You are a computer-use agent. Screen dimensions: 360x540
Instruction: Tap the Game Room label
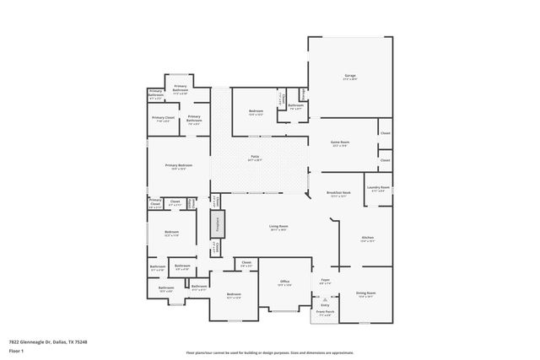(338, 143)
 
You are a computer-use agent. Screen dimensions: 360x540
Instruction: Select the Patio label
(255, 158)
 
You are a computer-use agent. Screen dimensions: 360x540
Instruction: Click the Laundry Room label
(378, 188)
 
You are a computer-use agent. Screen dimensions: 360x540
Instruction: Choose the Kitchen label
(368, 239)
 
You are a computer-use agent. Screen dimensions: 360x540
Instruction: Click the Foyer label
(325, 280)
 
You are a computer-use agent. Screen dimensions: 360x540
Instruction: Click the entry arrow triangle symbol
(324, 299)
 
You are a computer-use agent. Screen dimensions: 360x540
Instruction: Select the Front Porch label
(325, 312)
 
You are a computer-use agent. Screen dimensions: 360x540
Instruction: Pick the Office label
(285, 282)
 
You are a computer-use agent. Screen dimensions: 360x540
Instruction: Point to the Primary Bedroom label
(179, 166)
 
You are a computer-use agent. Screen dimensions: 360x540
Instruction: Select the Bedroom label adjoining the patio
(256, 111)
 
